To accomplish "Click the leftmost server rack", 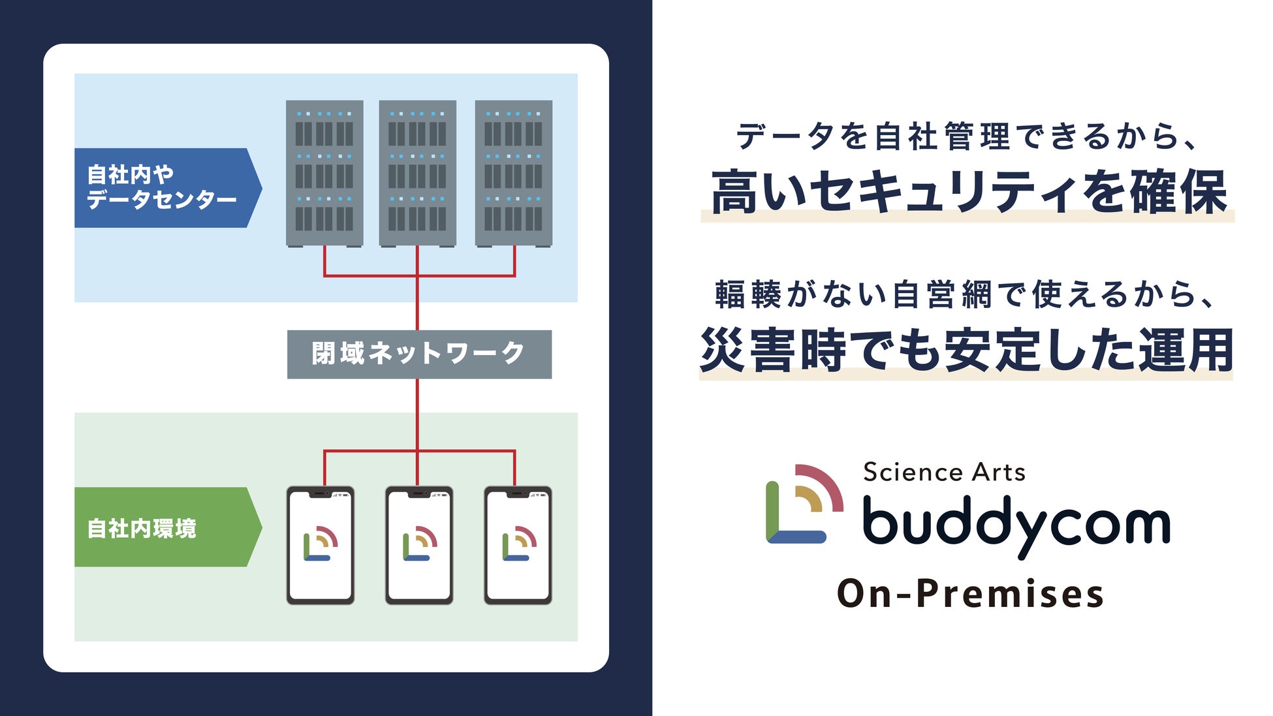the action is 324,173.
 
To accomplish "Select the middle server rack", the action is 417,173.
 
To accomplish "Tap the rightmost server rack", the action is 513,173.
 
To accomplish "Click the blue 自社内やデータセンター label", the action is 163,187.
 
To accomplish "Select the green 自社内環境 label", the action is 163,527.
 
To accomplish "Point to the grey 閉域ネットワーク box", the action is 419,354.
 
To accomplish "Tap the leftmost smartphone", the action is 321,545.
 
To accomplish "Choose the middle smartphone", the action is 419,545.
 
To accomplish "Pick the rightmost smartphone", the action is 518,545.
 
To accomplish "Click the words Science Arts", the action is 944,472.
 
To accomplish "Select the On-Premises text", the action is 970,594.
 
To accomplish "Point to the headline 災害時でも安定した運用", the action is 966,350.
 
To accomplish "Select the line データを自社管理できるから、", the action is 966,137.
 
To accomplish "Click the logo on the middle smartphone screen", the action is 420,544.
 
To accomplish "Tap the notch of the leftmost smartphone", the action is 320,494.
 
